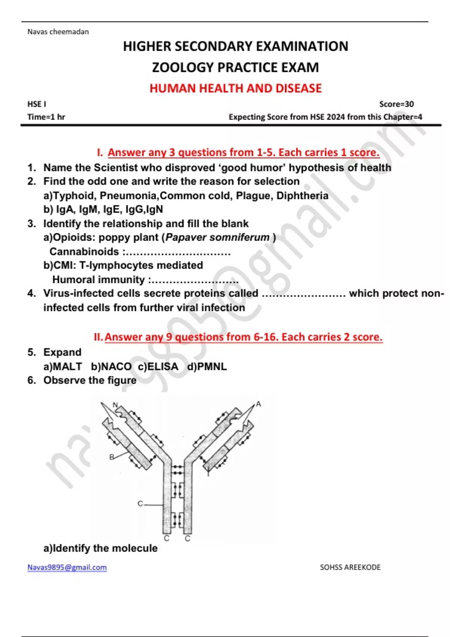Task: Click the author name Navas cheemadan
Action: pyautogui.click(x=58, y=31)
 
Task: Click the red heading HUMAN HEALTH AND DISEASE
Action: pyautogui.click(x=235, y=88)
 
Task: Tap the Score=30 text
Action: pyautogui.click(x=396, y=104)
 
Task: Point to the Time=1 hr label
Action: pyautogui.click(x=46, y=117)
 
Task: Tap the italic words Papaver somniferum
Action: pyautogui.click(x=217, y=237)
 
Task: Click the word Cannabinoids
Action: pyautogui.click(x=84, y=251)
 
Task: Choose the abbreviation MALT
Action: pyautogui.click(x=67, y=366)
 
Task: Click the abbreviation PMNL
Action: pyautogui.click(x=212, y=366)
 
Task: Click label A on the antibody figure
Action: pyautogui.click(x=258, y=404)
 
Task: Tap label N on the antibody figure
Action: pyautogui.click(x=115, y=405)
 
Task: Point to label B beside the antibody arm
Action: pyautogui.click(x=112, y=457)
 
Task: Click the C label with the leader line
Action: pyautogui.click(x=140, y=504)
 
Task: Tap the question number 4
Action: pyautogui.click(x=31, y=293)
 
